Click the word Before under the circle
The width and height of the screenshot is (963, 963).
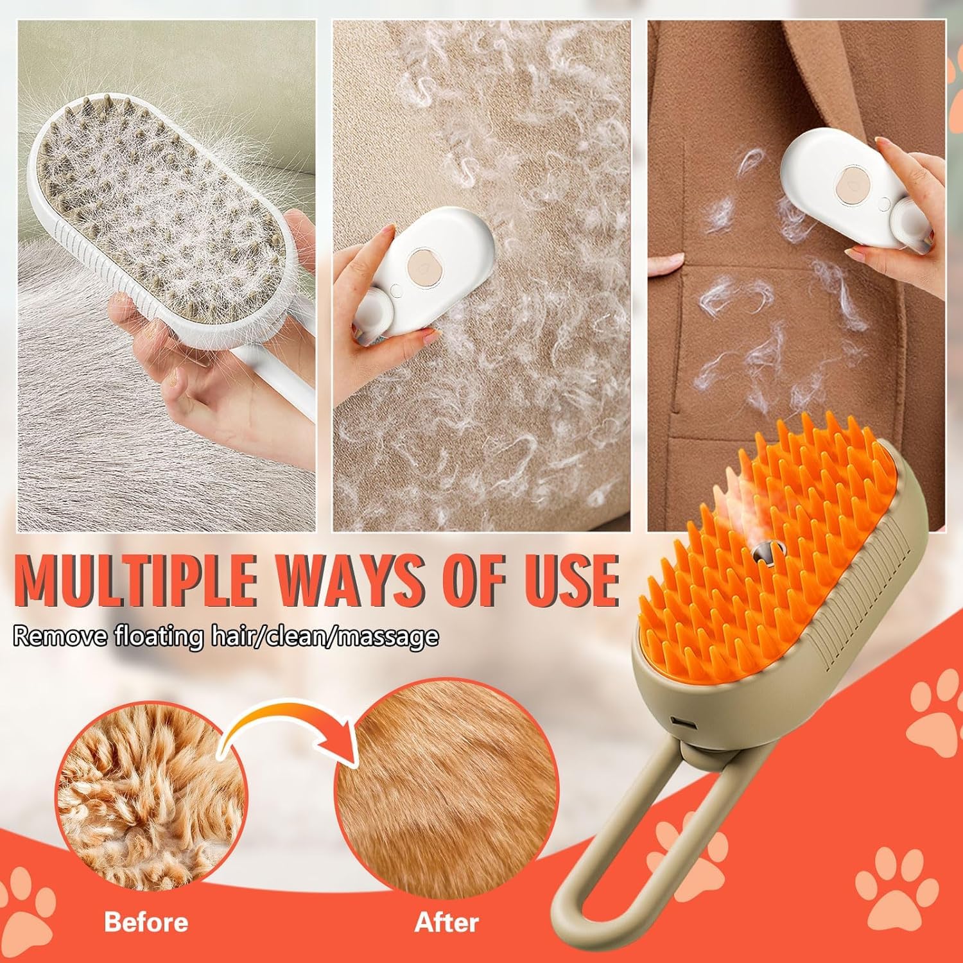(x=146, y=922)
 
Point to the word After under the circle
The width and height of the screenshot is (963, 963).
(x=447, y=922)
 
